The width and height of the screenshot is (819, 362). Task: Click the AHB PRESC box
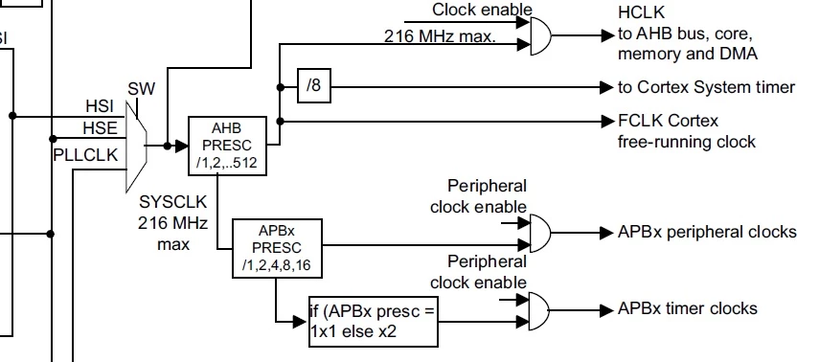(227, 146)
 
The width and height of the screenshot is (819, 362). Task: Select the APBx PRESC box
(277, 248)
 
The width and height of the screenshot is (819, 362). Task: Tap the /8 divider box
(314, 85)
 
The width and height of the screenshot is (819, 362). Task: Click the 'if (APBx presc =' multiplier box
(374, 321)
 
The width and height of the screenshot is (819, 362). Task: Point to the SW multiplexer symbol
(136, 147)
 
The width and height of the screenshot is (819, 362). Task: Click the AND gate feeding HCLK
(540, 35)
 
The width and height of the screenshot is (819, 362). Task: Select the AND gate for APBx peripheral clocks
(540, 233)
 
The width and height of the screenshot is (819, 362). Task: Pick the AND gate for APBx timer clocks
(539, 311)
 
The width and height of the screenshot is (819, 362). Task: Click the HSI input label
(100, 106)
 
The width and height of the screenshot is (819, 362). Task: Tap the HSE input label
(100, 128)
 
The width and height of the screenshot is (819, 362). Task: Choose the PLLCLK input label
(85, 155)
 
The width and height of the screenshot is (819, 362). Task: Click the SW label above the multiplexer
(142, 89)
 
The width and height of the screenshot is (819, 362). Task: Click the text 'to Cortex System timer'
(706, 87)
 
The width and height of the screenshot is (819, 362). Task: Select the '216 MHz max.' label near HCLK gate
(440, 36)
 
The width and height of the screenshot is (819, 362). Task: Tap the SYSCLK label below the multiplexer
(172, 201)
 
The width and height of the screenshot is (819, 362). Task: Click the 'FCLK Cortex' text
(668, 121)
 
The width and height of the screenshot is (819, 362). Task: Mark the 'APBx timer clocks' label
(688, 308)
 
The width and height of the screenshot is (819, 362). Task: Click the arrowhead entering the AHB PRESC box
(181, 146)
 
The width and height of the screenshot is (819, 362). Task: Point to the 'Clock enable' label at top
(482, 10)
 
